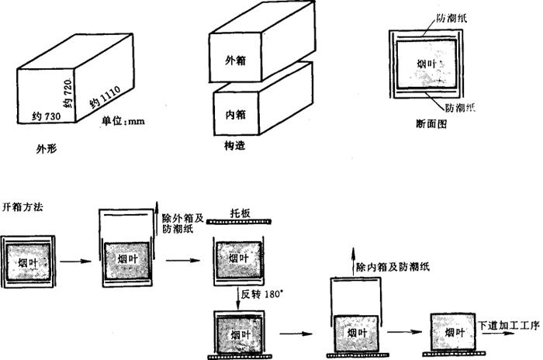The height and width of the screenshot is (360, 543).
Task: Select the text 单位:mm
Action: (x=123, y=122)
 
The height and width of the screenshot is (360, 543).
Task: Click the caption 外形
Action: (x=47, y=147)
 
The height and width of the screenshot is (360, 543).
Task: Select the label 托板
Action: (x=240, y=212)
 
